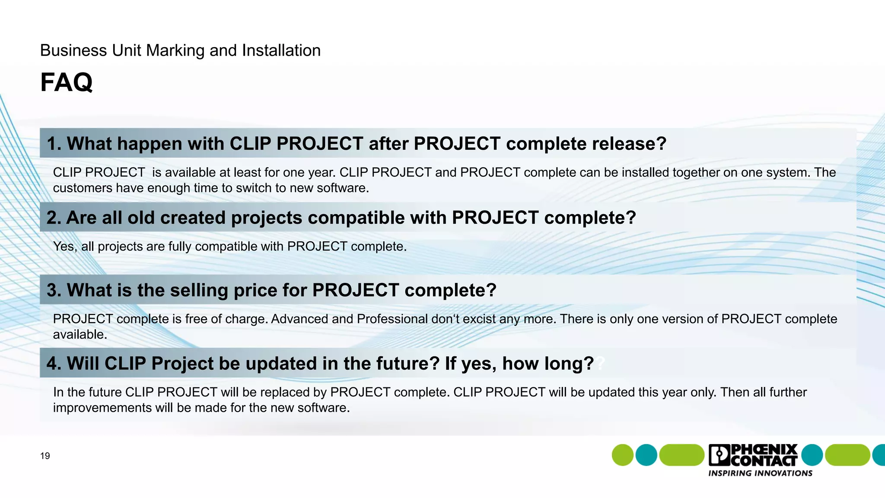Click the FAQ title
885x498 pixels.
click(66, 82)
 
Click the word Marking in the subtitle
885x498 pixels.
click(175, 51)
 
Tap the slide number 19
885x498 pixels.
click(45, 456)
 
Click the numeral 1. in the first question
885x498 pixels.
click(54, 144)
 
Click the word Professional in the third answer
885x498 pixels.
click(392, 319)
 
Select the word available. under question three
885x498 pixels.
click(80, 335)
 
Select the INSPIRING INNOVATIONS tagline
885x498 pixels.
click(760, 473)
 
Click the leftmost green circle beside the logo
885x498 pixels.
click(623, 455)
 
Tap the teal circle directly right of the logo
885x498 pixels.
click(812, 455)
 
